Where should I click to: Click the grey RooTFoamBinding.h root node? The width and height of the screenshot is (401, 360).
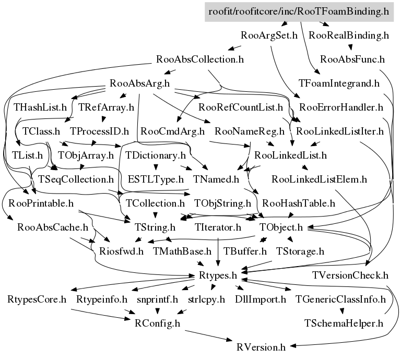point(299,11)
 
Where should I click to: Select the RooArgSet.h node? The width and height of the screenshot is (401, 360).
point(269,35)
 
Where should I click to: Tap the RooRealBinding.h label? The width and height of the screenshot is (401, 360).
point(349,35)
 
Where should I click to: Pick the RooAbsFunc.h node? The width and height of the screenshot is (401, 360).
point(352,59)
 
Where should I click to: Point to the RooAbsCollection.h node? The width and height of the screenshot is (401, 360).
point(200,59)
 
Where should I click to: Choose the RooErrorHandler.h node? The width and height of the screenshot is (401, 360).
point(342,107)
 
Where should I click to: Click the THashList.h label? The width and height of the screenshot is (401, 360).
point(41,107)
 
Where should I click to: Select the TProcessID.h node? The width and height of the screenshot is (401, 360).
point(99,131)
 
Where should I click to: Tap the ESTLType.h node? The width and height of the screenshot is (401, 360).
point(156,179)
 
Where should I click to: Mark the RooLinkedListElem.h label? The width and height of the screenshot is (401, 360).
point(320,179)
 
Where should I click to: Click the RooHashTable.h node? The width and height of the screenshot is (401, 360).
point(299,202)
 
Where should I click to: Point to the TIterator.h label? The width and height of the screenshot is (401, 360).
point(218,227)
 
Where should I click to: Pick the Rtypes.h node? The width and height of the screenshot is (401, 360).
point(219,275)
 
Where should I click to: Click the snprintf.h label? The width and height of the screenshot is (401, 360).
point(158,299)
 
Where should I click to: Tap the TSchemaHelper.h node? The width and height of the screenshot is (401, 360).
point(344,323)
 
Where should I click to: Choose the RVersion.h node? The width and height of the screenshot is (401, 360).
point(261,347)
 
